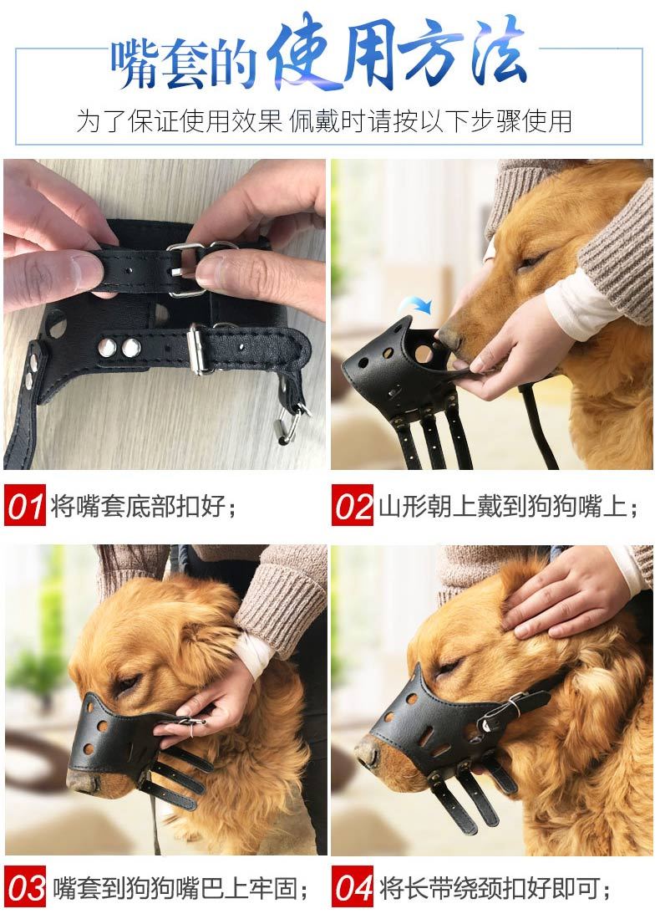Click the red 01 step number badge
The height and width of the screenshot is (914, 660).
click(x=24, y=505)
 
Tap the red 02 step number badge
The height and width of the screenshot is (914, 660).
click(x=353, y=505)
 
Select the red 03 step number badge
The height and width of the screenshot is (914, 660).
click(x=24, y=887)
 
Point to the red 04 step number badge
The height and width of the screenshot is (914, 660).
click(x=353, y=887)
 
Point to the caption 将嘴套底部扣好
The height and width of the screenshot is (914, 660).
click(x=144, y=505)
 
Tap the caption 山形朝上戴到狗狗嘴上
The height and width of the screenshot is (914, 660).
click(x=508, y=505)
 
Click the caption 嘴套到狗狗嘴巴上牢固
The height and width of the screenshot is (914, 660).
click(x=180, y=888)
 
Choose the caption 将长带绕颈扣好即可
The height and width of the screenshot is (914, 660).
click(x=495, y=888)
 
